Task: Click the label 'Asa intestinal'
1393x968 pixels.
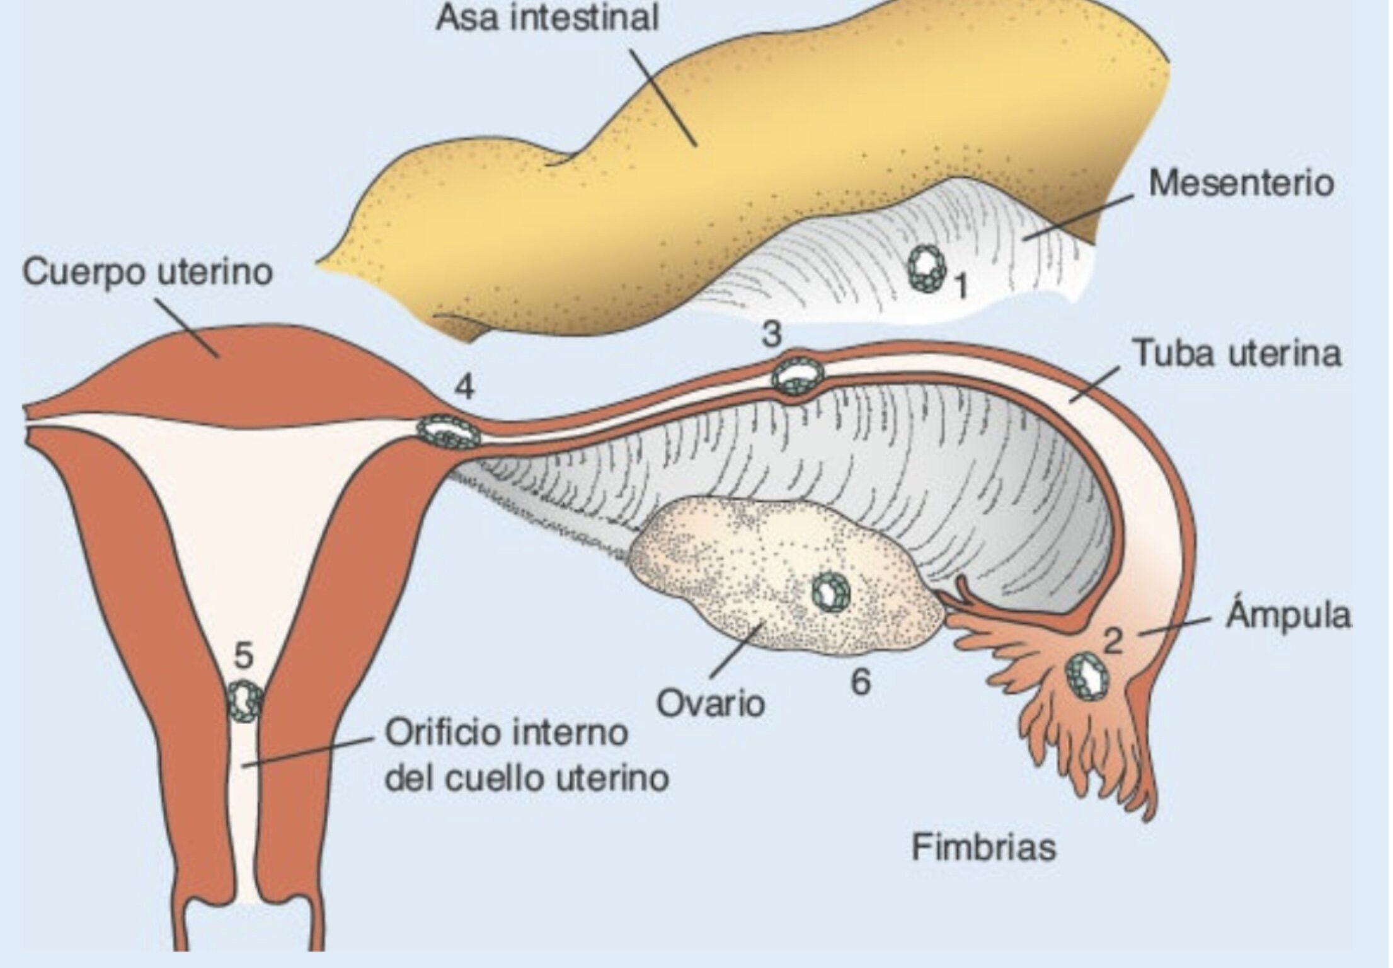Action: [x=546, y=18]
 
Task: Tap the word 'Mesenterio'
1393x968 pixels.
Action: [x=1241, y=183]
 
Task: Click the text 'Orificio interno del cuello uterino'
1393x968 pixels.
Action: [x=527, y=756]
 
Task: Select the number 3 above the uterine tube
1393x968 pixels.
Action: [x=771, y=335]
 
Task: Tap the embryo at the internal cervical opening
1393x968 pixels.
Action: [x=244, y=700]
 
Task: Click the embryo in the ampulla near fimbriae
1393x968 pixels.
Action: [x=1088, y=676]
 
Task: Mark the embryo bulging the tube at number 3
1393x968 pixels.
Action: [x=798, y=375]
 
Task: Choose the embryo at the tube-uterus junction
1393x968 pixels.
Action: [x=449, y=432]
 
